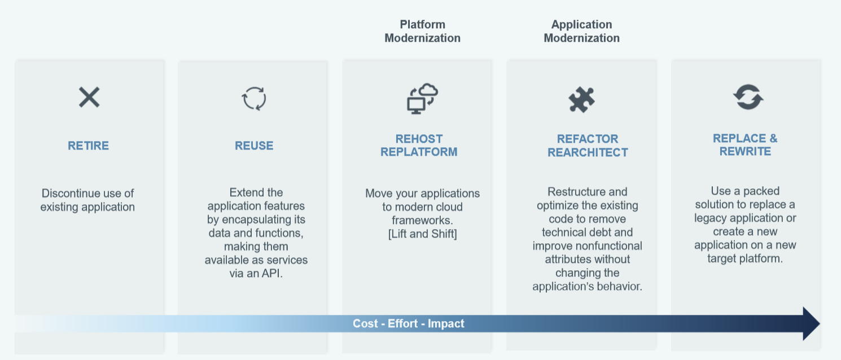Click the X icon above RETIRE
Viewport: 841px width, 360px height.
tap(89, 97)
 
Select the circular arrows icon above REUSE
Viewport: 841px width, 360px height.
tap(254, 98)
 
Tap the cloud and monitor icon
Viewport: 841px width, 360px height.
tap(422, 98)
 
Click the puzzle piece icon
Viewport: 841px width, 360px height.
tap(581, 99)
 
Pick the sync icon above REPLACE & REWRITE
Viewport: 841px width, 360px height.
tap(748, 97)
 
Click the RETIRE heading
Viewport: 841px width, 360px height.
tap(88, 146)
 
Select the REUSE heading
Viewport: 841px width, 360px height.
tap(254, 146)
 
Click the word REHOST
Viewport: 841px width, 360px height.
tap(419, 139)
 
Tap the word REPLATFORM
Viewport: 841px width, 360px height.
tap(419, 152)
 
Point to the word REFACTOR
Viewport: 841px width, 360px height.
tap(588, 139)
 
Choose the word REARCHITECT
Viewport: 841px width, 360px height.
tap(588, 152)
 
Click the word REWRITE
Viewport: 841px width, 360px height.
tap(745, 151)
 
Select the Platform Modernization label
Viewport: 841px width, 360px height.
tap(422, 31)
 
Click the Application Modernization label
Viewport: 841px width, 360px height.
tap(581, 31)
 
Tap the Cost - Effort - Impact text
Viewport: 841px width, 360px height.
tap(409, 323)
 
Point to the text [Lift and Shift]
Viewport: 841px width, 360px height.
tap(422, 234)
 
